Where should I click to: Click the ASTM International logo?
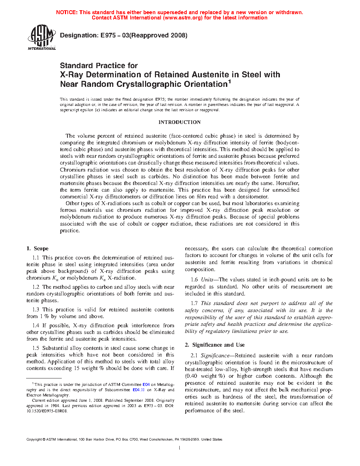tap(41, 37)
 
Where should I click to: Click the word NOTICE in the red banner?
tap(66, 12)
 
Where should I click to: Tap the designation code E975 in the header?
tap(107, 35)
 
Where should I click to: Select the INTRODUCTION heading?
tap(179, 122)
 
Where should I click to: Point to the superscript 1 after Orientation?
tap(229, 82)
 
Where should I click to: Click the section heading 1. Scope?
tap(37, 249)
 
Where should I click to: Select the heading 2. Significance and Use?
tap(215, 345)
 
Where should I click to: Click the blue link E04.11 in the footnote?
tap(138, 390)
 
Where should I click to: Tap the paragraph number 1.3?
tap(36, 310)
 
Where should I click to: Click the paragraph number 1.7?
tap(194, 303)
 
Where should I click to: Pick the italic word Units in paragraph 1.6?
tap(207, 280)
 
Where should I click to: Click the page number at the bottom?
tap(180, 448)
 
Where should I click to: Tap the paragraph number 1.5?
tap(36, 348)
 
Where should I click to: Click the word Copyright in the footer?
tap(34, 440)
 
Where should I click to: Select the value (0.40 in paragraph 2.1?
tap(191, 376)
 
